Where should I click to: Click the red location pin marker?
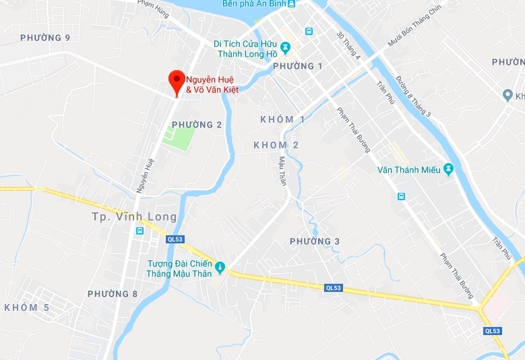(x=177, y=82)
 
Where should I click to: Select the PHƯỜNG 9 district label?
(x=45, y=38)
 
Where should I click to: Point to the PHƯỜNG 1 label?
(x=299, y=66)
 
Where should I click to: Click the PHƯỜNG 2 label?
(x=197, y=125)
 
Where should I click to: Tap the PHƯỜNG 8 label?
(x=113, y=294)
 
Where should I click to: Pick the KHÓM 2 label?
(x=276, y=145)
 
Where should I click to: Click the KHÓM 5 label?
(x=26, y=307)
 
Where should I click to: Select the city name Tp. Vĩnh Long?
(x=134, y=217)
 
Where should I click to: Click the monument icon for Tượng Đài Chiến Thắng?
(x=219, y=269)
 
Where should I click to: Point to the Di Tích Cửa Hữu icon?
(x=286, y=48)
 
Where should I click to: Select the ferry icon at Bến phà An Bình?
(x=291, y=4)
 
